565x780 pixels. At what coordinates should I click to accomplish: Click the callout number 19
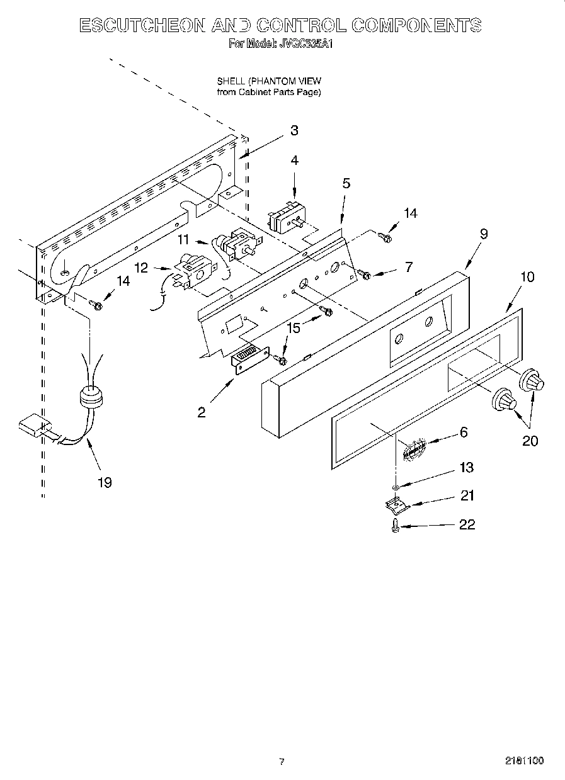105,482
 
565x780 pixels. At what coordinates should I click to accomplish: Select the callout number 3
294,131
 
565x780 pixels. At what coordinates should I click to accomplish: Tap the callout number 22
467,524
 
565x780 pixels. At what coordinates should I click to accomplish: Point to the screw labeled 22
395,524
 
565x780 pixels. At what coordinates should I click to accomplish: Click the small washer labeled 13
395,487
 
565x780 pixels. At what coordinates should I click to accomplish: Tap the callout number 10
527,276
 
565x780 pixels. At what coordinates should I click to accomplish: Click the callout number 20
530,441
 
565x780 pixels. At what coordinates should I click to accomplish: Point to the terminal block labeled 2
251,361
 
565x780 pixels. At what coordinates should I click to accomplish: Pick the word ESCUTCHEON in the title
142,26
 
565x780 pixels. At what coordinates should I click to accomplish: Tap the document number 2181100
524,761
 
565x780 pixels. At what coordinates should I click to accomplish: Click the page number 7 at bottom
282,762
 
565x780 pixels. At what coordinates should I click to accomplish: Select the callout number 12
141,268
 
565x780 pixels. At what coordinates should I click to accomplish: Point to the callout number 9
484,234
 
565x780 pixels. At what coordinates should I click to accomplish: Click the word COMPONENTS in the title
416,26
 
